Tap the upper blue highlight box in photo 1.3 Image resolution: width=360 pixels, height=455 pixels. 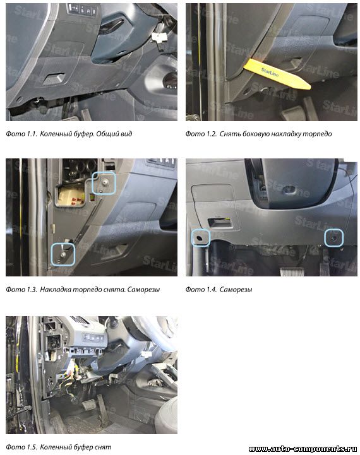click(104, 183)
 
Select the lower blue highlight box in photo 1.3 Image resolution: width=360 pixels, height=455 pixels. click(63, 254)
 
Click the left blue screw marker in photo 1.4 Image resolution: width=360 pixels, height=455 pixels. click(200, 238)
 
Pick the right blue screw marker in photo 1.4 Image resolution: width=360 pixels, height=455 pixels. click(334, 238)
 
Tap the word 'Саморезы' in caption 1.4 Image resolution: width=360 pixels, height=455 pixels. click(236, 290)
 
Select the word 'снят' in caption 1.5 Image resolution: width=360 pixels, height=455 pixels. click(104, 447)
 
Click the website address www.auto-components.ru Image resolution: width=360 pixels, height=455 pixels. click(303, 449)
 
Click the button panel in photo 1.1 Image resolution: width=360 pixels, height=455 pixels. click(83, 9)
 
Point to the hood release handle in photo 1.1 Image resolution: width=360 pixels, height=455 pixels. click(54, 79)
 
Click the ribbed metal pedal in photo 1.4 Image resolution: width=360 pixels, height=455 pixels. click(292, 271)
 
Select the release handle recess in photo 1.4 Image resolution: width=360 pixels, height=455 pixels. click(220, 222)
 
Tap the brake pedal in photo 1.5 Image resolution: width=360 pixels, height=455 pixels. click(89, 405)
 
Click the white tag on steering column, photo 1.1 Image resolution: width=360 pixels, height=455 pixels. click(159, 37)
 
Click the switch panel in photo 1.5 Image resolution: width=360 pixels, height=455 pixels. click(93, 338)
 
